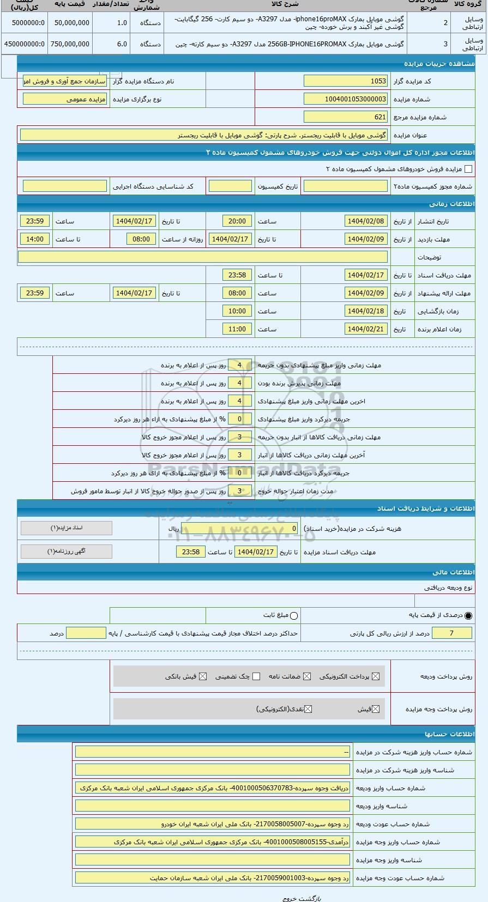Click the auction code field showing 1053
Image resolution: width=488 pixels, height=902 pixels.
point(345,81)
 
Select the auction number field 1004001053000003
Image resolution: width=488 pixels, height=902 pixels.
point(345,99)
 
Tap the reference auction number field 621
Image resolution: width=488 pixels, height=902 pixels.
point(345,117)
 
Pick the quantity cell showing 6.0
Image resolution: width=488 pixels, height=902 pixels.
point(111,44)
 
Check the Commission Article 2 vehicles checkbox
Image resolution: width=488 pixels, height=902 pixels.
point(468,169)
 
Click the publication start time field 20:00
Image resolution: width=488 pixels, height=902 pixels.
point(237,221)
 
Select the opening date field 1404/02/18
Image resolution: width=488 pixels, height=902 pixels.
point(366,311)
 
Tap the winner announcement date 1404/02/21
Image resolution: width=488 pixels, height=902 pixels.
point(366,329)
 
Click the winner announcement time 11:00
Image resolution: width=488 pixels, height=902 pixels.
point(237,329)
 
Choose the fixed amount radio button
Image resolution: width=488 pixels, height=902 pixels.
point(294,616)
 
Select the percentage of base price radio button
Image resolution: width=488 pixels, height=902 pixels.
point(468,616)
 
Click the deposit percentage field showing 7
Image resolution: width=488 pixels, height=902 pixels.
point(451,633)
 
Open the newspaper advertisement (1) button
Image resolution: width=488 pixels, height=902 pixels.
point(67,552)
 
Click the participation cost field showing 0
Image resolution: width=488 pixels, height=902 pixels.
point(240,529)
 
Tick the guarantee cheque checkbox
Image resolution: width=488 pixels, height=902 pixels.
point(256,676)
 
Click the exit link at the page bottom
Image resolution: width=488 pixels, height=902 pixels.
point(289,898)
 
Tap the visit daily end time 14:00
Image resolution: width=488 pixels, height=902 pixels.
point(35,239)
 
